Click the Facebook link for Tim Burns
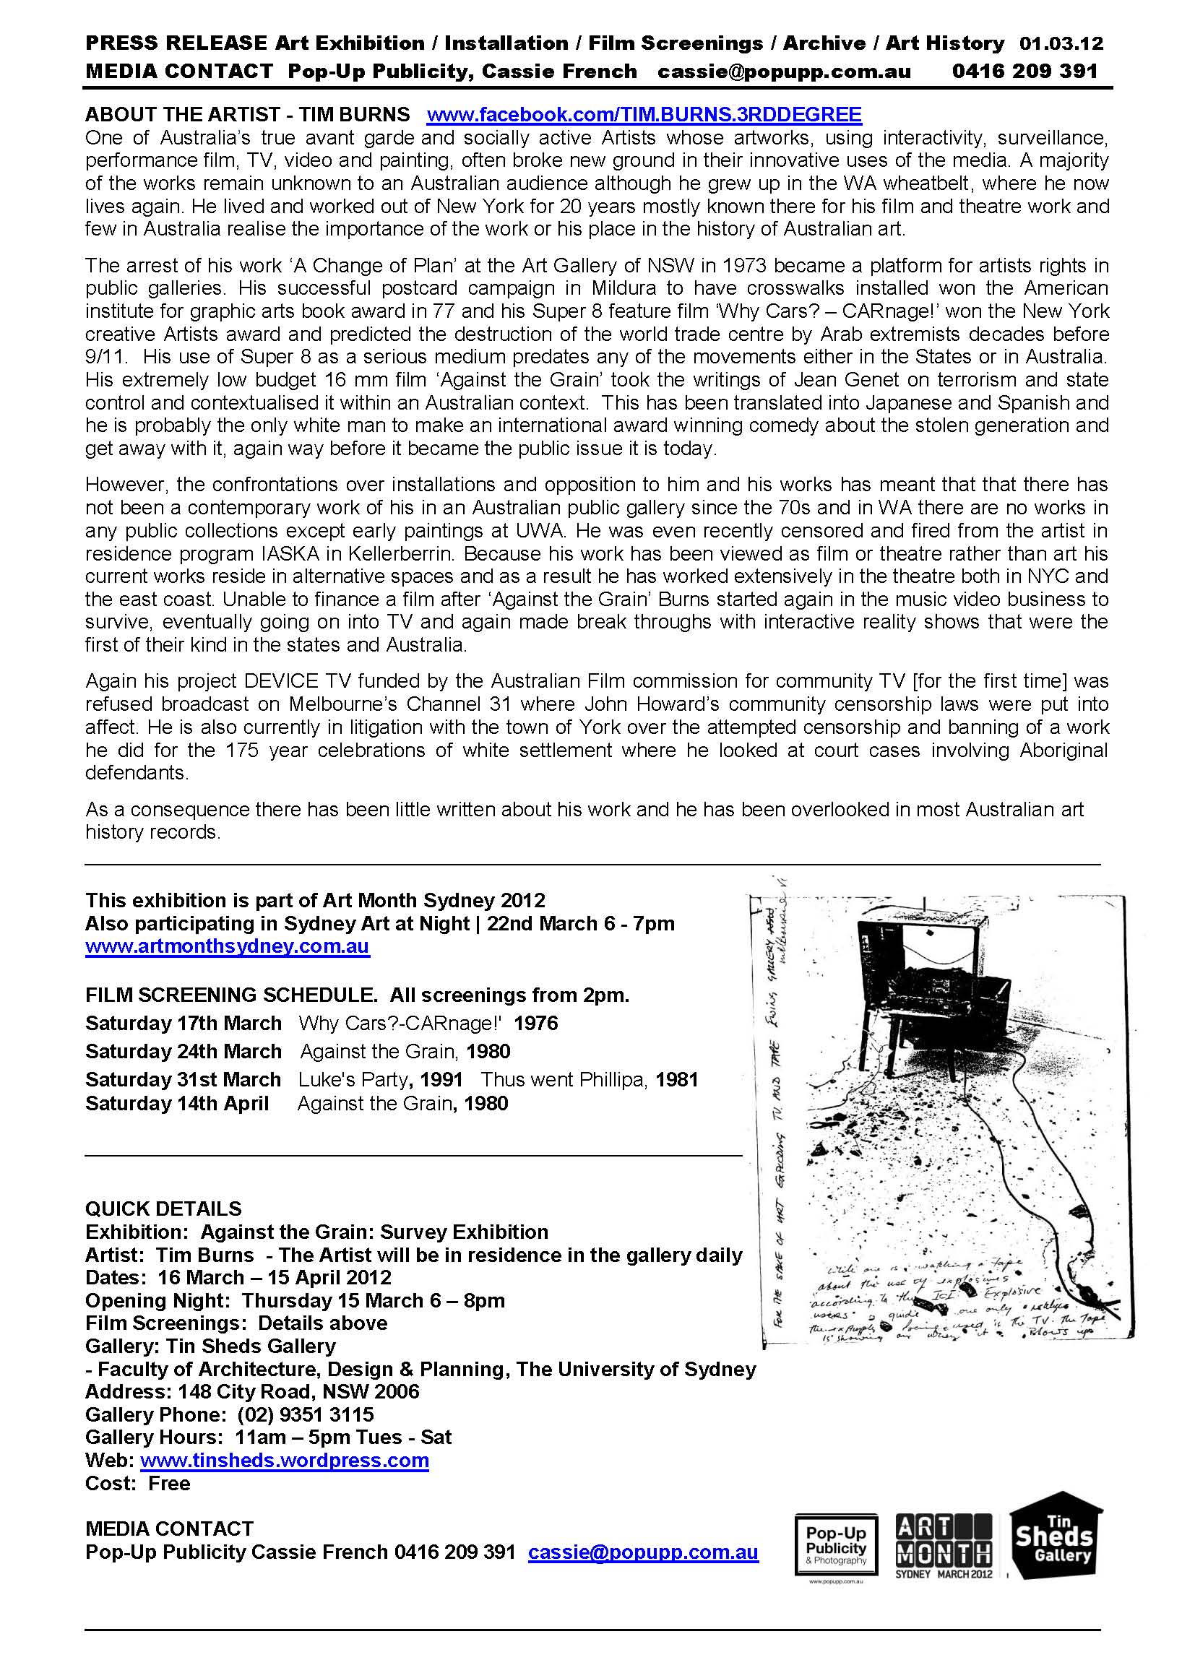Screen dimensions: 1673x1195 point(644,115)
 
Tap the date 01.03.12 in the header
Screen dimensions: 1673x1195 point(1061,43)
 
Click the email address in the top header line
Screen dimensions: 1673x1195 point(784,72)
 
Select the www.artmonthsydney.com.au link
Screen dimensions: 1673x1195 point(228,946)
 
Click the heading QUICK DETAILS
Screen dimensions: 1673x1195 point(163,1209)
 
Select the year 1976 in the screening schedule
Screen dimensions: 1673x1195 point(535,1024)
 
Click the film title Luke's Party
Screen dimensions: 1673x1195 point(353,1079)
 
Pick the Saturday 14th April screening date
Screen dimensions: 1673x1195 point(177,1104)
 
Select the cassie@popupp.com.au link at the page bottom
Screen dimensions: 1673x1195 point(643,1552)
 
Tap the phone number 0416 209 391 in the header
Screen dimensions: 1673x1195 point(1024,72)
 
